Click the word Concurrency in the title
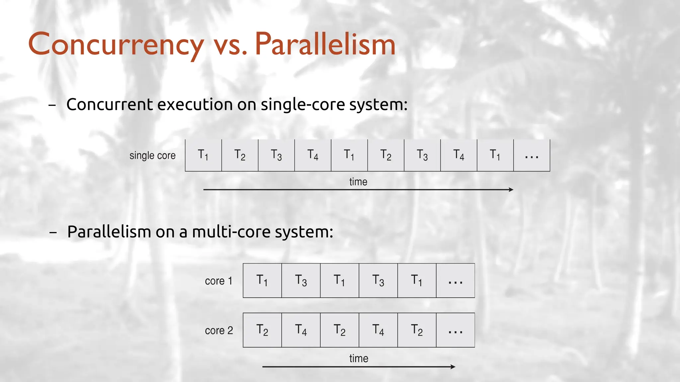click(116, 45)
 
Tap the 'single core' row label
click(152, 155)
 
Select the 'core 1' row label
click(218, 281)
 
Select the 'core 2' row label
click(219, 330)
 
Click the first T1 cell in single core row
click(203, 155)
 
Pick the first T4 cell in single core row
click(313, 155)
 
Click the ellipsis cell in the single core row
click(532, 155)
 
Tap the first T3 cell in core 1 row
click(301, 281)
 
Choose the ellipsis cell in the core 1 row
click(455, 281)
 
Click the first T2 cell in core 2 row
click(262, 330)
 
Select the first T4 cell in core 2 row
click(301, 330)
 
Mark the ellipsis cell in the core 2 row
click(455, 330)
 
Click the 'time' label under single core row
click(358, 182)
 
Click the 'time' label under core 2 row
click(359, 358)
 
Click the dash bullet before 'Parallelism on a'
click(53, 232)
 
